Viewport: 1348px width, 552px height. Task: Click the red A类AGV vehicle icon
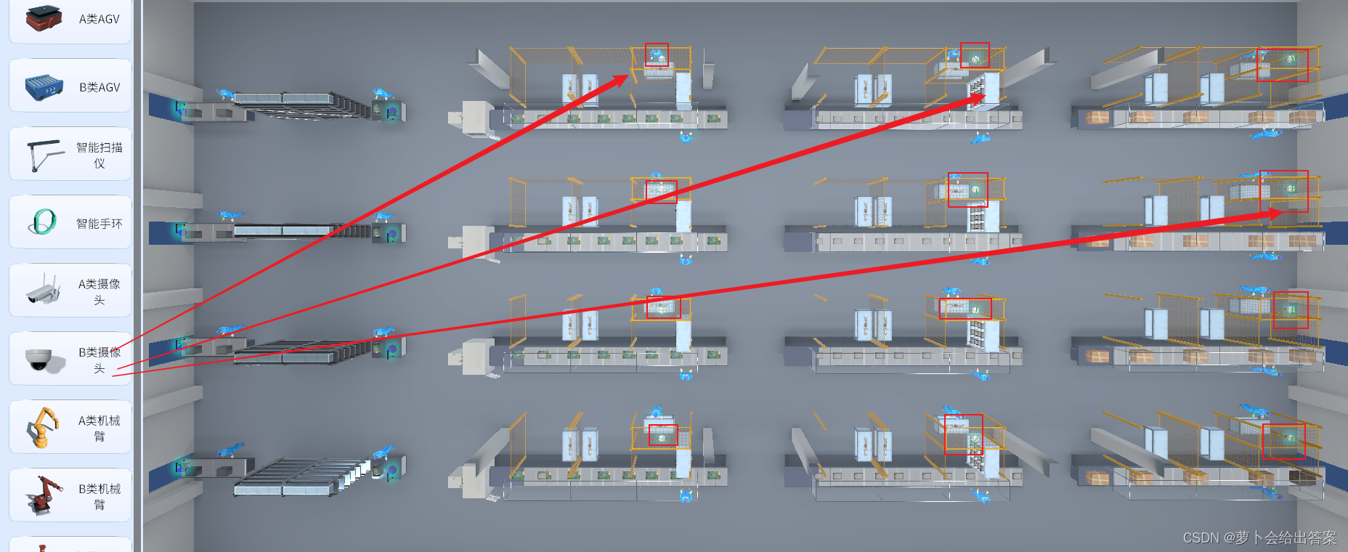[44, 17]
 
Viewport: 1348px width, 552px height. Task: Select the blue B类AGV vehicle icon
[44, 86]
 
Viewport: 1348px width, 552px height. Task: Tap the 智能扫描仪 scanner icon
[44, 155]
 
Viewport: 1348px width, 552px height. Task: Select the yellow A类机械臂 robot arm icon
[44, 427]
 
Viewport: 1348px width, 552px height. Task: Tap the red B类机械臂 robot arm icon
[44, 495]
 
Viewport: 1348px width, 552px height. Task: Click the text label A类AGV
[100, 19]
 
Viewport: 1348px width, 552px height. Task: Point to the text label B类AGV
[100, 87]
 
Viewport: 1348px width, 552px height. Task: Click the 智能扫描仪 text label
[100, 155]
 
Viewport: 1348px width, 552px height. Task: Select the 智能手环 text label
[100, 224]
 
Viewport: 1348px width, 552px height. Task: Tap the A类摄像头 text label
[100, 291]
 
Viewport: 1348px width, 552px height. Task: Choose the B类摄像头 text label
[100, 360]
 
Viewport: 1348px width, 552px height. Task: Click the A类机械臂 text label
[100, 428]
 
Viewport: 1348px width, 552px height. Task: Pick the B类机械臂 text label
[100, 496]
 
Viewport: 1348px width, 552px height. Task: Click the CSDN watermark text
[1259, 537]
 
